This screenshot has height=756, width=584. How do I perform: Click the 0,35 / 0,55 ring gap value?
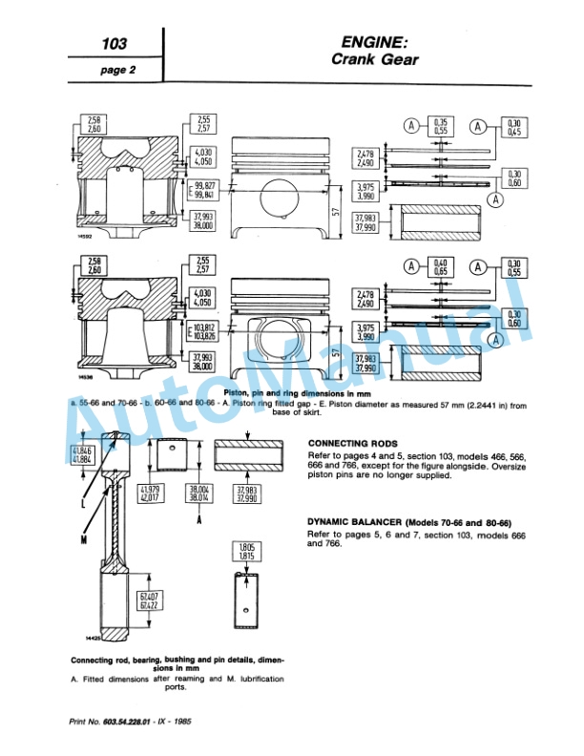pyautogui.click(x=441, y=125)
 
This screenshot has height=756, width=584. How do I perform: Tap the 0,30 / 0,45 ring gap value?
pyautogui.click(x=515, y=125)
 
